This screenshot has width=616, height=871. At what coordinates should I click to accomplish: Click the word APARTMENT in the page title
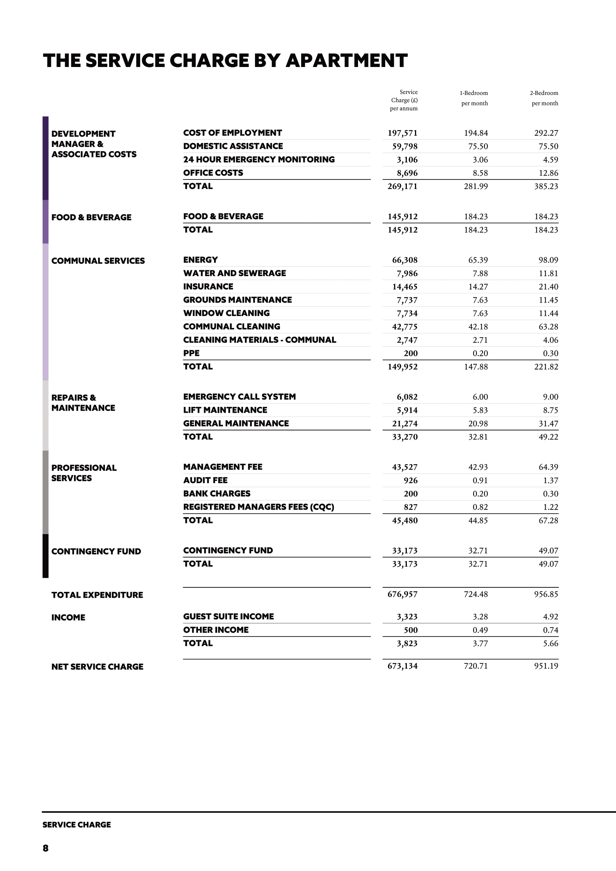tap(346, 61)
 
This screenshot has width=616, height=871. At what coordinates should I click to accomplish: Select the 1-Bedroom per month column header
tap(474, 98)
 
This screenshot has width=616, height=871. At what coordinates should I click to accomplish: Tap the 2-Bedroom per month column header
tap(544, 98)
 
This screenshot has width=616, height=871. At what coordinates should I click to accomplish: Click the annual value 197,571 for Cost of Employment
tap(402, 133)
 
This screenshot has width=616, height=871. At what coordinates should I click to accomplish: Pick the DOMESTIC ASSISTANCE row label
tap(233, 146)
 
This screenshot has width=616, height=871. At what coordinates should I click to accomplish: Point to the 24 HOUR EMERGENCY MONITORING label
tap(259, 159)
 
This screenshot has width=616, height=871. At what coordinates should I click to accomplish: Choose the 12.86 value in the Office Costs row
tap(548, 173)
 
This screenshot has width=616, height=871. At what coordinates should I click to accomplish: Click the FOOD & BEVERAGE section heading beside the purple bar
tap(92, 217)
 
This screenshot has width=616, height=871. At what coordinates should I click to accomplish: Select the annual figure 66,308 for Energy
tap(404, 260)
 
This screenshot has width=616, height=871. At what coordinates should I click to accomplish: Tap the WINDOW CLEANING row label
tap(226, 313)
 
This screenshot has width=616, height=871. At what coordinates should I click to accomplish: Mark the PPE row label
tap(191, 353)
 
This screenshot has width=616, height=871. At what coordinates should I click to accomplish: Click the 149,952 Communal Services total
tap(402, 367)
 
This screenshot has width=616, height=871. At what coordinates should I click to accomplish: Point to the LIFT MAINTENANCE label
tap(225, 410)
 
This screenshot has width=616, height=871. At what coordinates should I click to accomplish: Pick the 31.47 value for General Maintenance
tap(548, 424)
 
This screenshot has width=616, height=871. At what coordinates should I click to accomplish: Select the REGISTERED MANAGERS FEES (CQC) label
tap(258, 507)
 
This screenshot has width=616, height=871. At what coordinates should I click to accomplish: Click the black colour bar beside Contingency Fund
tap(45, 556)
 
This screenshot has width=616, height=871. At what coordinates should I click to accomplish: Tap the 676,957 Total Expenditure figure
tap(402, 594)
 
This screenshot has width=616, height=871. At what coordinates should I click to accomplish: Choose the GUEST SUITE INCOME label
tap(228, 616)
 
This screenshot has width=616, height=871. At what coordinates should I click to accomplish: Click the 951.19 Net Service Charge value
tap(546, 666)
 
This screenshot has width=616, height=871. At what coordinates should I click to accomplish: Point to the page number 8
tap(45, 848)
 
